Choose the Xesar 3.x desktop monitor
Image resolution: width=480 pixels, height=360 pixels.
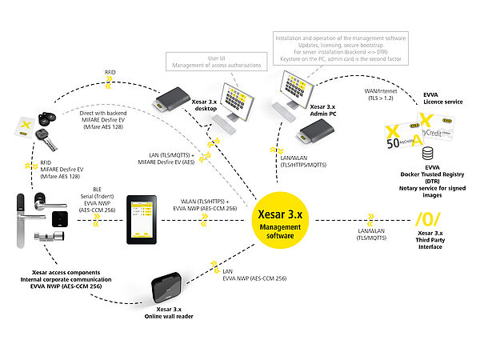point(241,97)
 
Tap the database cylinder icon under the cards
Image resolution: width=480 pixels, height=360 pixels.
point(407,153)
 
